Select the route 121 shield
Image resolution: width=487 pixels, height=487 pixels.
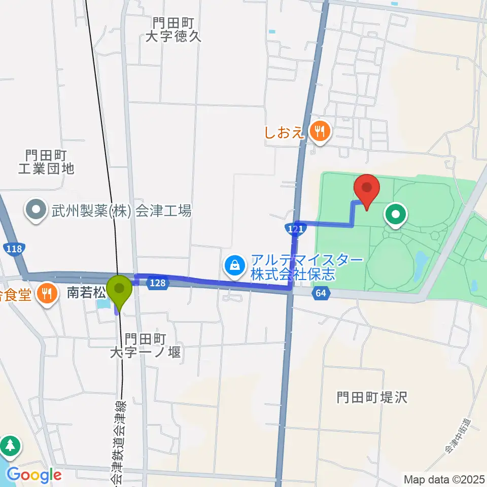(x=295, y=229)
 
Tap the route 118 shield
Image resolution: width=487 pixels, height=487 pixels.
(x=14, y=249)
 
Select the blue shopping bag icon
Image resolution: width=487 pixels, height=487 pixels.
(x=235, y=264)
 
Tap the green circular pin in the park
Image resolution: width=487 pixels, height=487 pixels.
(x=396, y=215)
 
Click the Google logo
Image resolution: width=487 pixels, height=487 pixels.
(x=34, y=475)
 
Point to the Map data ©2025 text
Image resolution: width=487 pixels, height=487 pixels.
(x=444, y=478)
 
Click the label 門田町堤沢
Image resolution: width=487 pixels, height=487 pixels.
(x=372, y=397)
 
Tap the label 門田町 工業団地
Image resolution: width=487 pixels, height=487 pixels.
(x=46, y=162)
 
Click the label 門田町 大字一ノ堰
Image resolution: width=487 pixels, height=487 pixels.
(x=146, y=345)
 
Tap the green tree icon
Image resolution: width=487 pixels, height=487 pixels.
(x=11, y=446)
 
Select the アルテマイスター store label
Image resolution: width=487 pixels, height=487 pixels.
(x=307, y=267)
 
